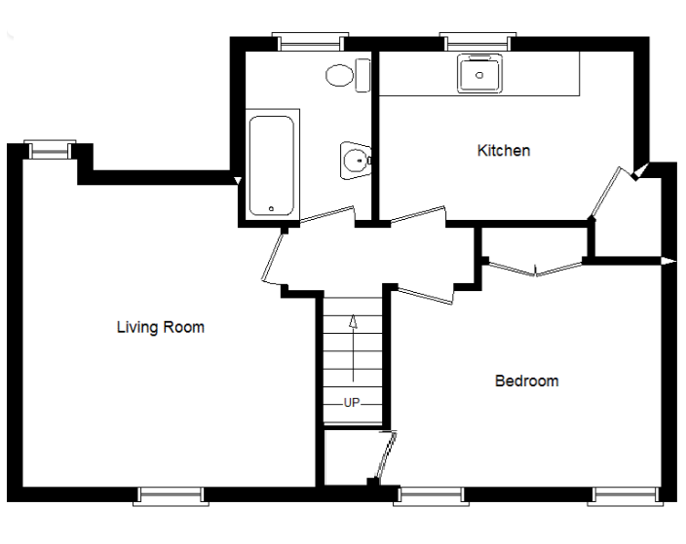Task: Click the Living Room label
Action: click(x=160, y=327)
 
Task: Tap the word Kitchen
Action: click(x=503, y=151)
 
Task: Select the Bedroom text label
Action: click(x=526, y=381)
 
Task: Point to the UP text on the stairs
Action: click(x=352, y=402)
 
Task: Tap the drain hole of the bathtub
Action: click(x=271, y=206)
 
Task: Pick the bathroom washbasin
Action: click(x=355, y=157)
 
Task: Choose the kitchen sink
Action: click(x=479, y=72)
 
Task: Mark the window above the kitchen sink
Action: click(x=477, y=41)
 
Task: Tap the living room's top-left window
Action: click(x=49, y=148)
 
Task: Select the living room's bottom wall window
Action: click(x=171, y=495)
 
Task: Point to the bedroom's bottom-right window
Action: click(x=624, y=495)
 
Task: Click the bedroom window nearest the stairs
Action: click(x=430, y=495)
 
